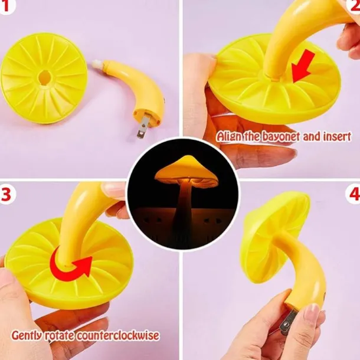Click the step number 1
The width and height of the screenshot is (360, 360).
pyautogui.click(x=5, y=6)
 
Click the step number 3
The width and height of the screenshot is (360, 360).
pyautogui.click(x=6, y=194)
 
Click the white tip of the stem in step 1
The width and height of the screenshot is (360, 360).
pyautogui.click(x=97, y=64)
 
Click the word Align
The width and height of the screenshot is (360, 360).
pyautogui.click(x=228, y=137)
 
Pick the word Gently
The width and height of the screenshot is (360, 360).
pyautogui.click(x=27, y=336)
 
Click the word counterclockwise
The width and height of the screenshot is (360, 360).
pyautogui.click(x=117, y=335)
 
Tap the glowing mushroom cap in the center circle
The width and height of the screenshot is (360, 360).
pyautogui.click(x=186, y=169)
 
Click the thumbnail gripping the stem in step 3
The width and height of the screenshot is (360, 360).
pyautogui.click(x=112, y=189)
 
